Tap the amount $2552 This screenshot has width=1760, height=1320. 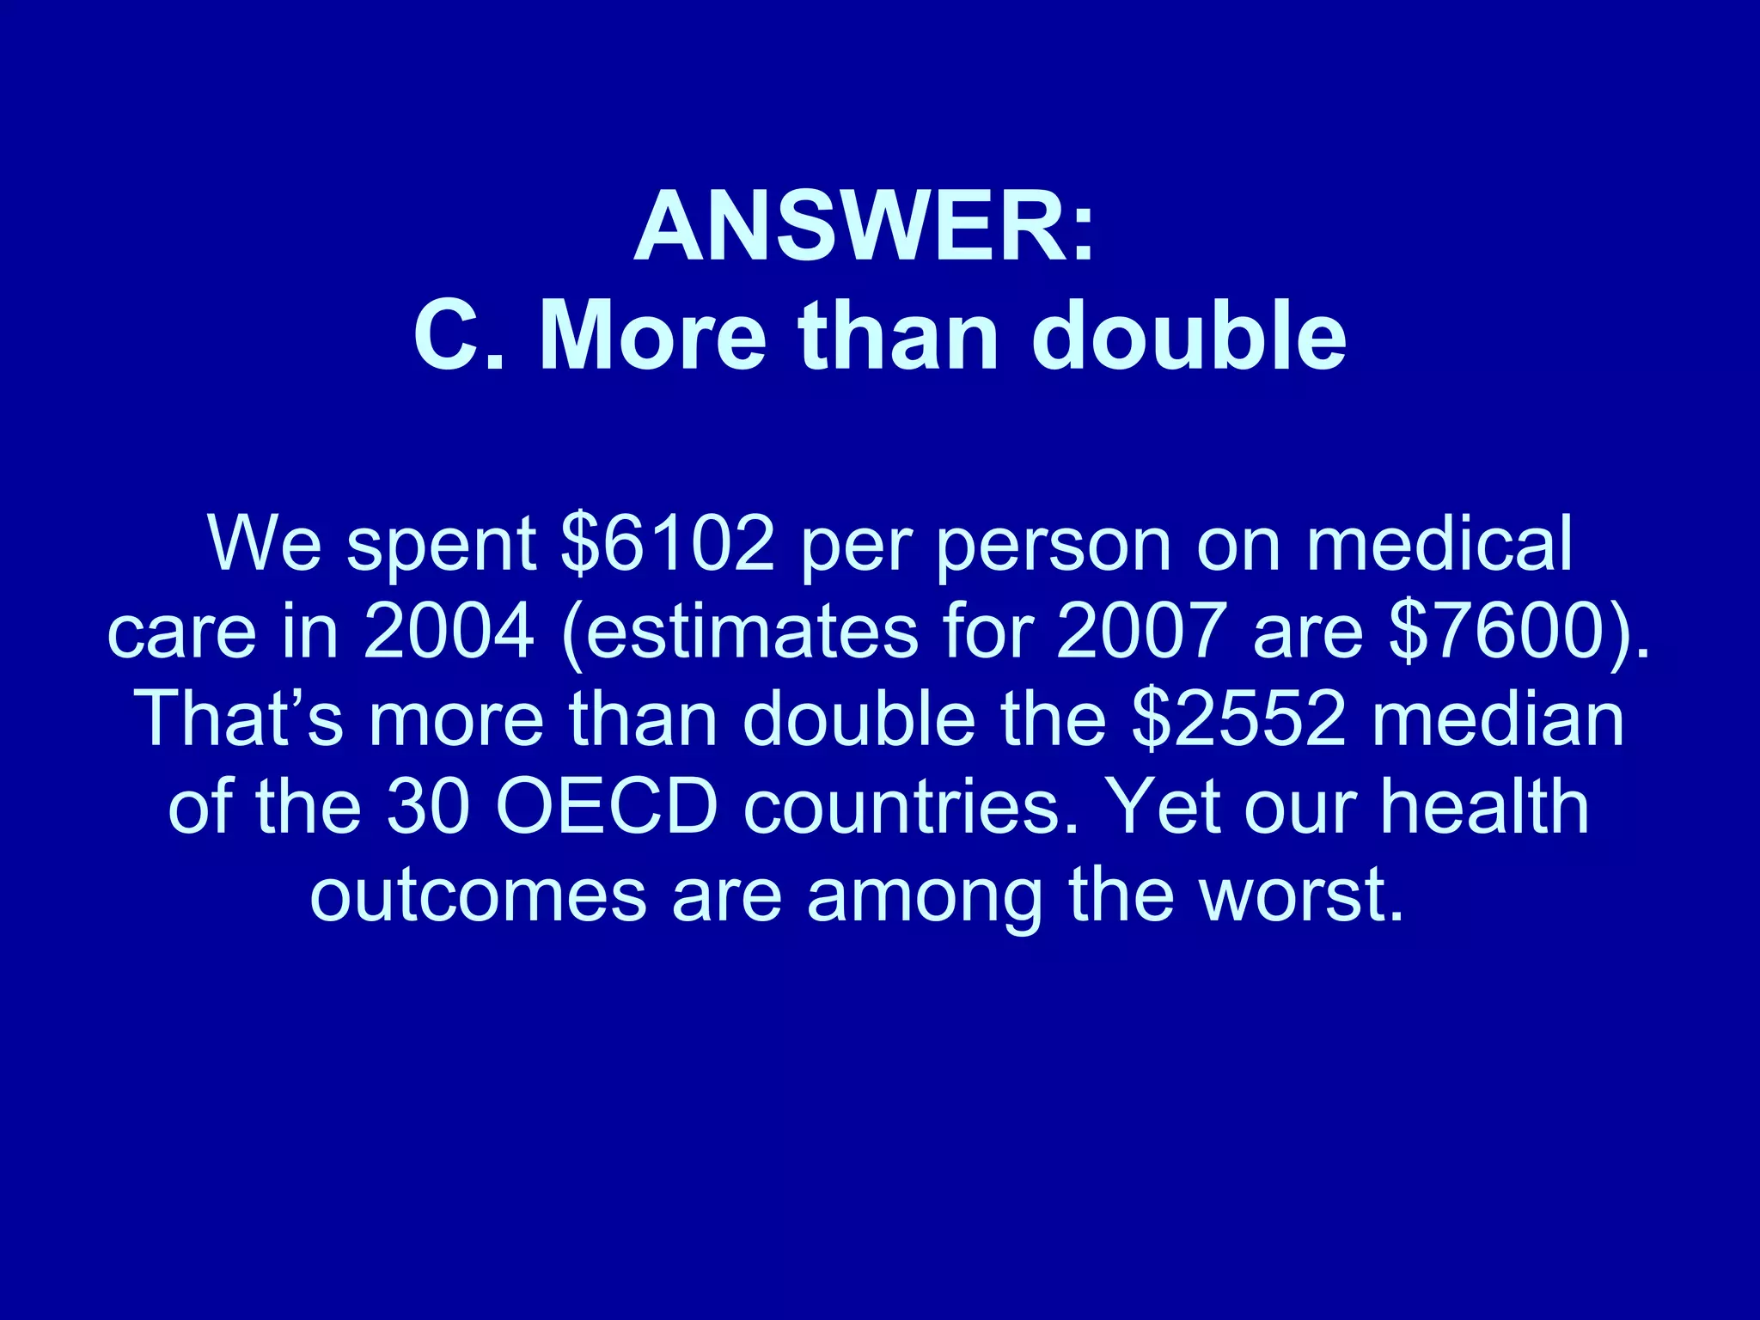(x=1238, y=719)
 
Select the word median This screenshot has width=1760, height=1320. (x=1498, y=719)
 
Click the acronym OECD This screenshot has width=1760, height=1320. (x=607, y=807)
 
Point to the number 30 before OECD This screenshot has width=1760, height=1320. (x=428, y=807)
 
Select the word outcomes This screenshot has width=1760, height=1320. (x=478, y=895)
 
